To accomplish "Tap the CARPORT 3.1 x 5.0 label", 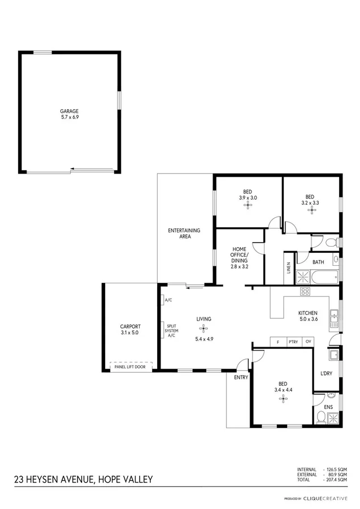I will [x=130, y=330].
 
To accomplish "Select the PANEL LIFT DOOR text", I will [x=130, y=367].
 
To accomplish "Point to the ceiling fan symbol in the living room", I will [x=203, y=329].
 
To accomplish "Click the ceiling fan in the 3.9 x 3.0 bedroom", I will [x=248, y=206].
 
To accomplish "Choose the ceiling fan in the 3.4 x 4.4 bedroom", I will [x=283, y=399].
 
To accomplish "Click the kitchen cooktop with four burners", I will [x=305, y=292].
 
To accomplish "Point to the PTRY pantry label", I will [x=293, y=342].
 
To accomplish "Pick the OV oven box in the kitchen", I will [x=308, y=342].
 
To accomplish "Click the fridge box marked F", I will [x=278, y=342].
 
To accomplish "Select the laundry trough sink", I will [x=333, y=355].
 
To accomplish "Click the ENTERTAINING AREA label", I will [x=184, y=233].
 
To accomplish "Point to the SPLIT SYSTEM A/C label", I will [x=171, y=330].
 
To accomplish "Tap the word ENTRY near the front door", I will [x=241, y=377].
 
